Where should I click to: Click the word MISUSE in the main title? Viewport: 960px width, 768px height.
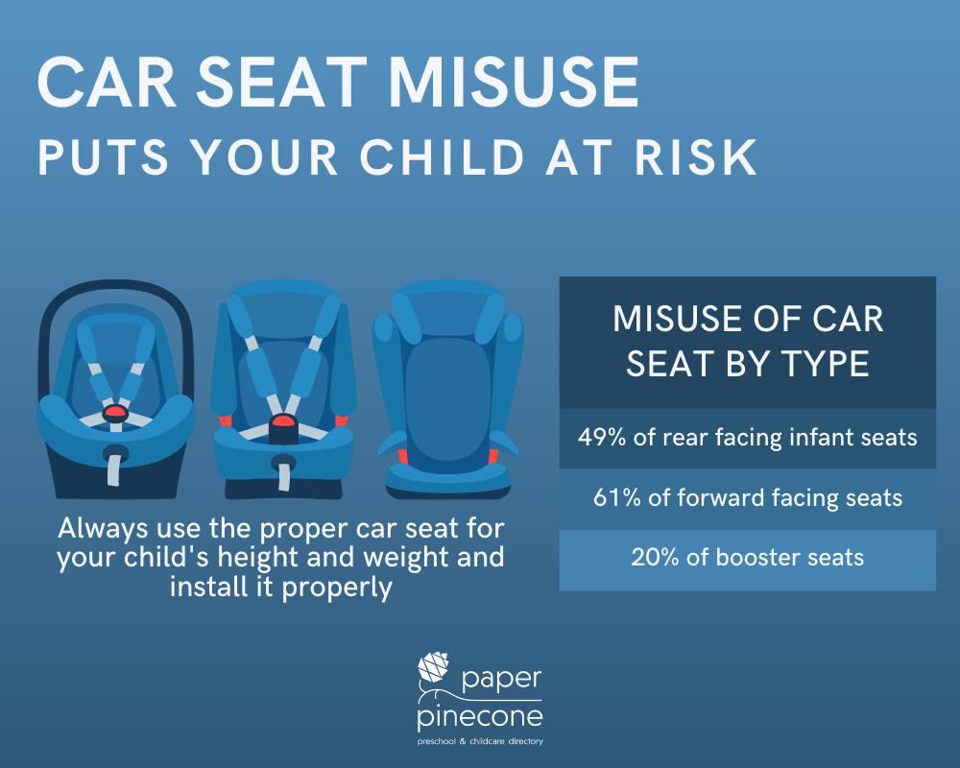(515, 83)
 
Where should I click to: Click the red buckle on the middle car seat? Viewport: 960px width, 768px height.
(283, 421)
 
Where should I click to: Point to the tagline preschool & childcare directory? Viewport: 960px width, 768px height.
(480, 742)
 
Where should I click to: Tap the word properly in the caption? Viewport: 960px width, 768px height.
(337, 588)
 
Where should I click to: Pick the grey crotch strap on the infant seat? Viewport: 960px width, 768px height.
(115, 468)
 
